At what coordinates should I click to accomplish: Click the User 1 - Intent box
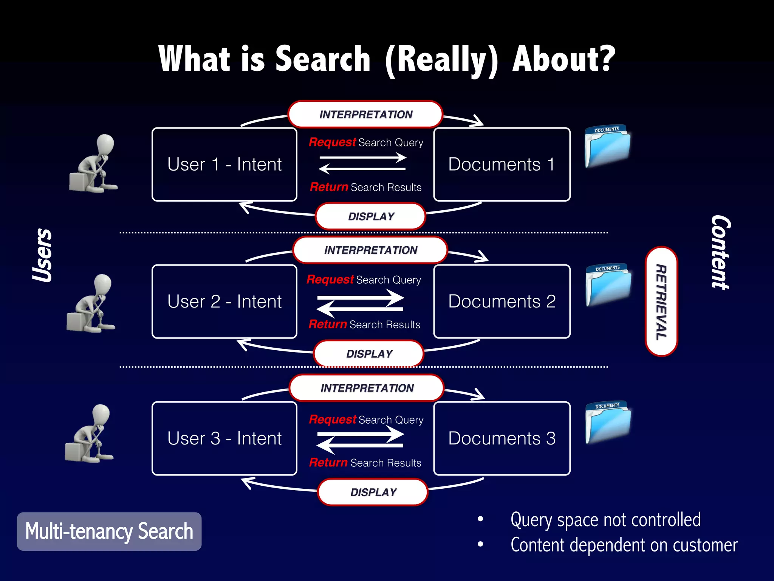(224, 165)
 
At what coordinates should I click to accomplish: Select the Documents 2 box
(502, 301)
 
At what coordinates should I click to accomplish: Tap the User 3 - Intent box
(224, 438)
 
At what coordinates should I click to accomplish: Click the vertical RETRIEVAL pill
(661, 301)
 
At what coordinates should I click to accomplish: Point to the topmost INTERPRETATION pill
(365, 114)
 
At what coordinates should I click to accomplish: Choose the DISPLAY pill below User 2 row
(369, 354)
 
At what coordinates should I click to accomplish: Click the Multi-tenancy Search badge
(109, 531)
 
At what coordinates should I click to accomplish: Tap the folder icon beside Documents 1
(607, 146)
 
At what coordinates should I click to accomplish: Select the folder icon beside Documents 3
(608, 422)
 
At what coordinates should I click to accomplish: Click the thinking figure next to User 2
(91, 304)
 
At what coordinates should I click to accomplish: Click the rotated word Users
(42, 255)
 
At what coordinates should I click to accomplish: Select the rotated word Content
(721, 252)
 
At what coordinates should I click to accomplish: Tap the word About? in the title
(563, 59)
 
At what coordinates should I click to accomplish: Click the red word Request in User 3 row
(332, 419)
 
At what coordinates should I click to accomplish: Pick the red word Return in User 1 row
(329, 187)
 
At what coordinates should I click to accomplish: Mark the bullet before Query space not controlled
(480, 519)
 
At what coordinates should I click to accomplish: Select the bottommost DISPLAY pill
(373, 492)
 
